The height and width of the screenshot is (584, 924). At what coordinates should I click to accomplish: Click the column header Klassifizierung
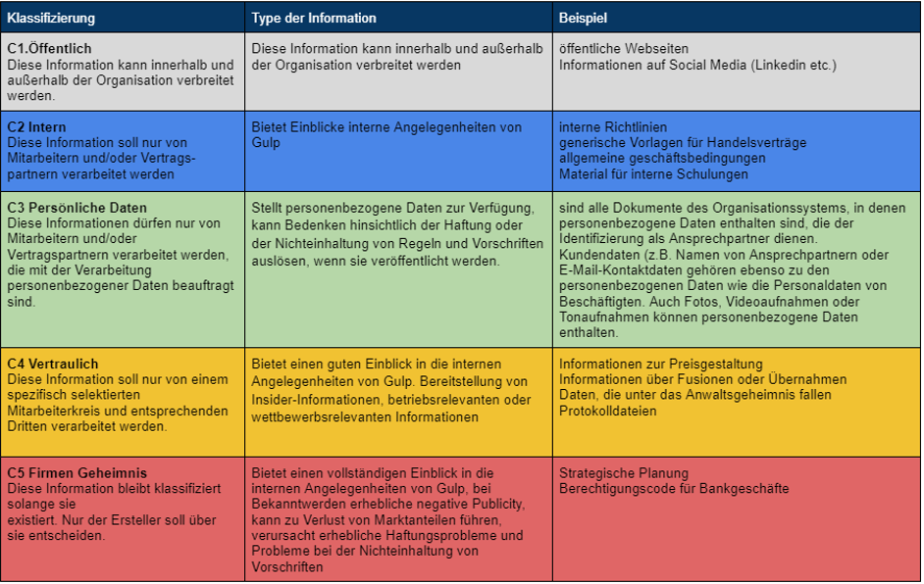tap(51, 18)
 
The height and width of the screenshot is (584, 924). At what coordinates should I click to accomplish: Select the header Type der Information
tap(314, 18)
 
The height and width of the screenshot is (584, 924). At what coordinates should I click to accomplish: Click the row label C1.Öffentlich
tap(48, 49)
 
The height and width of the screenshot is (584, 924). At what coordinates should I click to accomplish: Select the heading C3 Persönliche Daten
tap(77, 208)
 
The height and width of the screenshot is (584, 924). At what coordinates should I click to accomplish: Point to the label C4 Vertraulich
tap(53, 364)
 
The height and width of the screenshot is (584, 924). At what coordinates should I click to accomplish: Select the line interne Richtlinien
tap(613, 127)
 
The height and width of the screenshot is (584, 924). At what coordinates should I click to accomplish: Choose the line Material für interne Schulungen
tap(654, 174)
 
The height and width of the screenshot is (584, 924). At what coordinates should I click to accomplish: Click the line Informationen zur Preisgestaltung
tap(661, 364)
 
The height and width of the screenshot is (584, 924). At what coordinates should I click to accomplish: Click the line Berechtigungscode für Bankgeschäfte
tap(674, 488)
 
